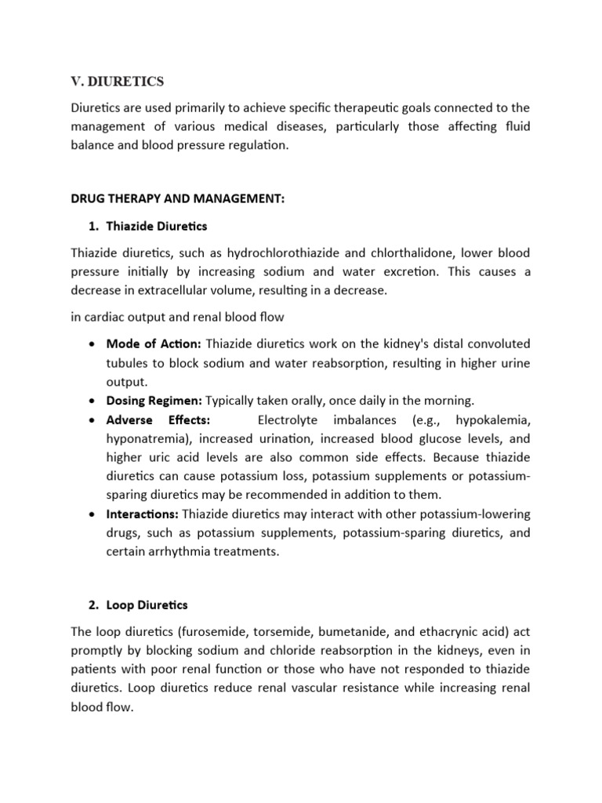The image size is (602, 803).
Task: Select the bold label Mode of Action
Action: pyautogui.click(x=154, y=345)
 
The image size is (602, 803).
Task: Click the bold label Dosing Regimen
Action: pyautogui.click(x=155, y=400)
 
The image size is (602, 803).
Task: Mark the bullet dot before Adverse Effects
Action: pyautogui.click(x=93, y=420)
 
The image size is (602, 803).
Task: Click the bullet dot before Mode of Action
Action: pyautogui.click(x=93, y=345)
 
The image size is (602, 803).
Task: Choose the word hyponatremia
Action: pyautogui.click(x=149, y=438)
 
